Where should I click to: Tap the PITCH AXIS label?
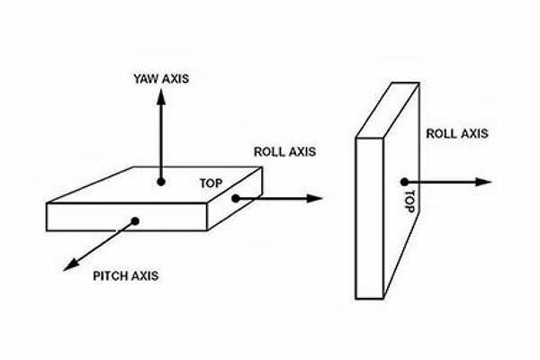tap(126, 274)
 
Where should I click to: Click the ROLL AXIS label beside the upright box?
tap(456, 134)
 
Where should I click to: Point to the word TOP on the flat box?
tap(210, 183)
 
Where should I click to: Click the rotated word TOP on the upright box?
tap(408, 199)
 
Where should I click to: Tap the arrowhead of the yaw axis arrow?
tap(160, 95)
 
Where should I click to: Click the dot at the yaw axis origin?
tap(160, 182)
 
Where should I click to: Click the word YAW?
tap(145, 77)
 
